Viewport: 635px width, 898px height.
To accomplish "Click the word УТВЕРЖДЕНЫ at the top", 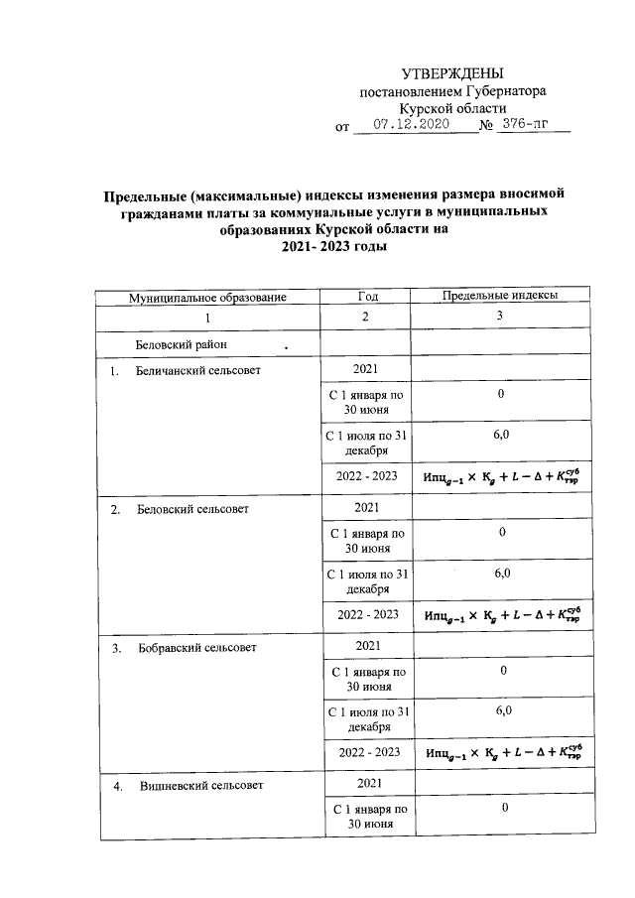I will click(x=451, y=74).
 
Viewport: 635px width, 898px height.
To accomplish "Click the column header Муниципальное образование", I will click(x=207, y=297).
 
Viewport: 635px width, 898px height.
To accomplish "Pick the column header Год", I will click(x=366, y=297).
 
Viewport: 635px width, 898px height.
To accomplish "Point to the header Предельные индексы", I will click(x=500, y=297).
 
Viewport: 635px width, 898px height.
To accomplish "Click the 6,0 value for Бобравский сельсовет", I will click(x=502, y=711).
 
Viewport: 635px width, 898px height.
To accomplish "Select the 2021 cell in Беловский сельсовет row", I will click(x=366, y=509).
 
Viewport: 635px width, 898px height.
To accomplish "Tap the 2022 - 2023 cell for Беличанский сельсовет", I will click(x=366, y=476).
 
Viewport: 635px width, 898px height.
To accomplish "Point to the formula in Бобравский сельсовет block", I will click(x=501, y=752).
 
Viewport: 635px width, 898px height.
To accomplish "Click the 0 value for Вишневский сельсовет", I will click(x=503, y=809).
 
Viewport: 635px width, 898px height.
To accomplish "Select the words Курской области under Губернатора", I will click(x=452, y=108).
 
